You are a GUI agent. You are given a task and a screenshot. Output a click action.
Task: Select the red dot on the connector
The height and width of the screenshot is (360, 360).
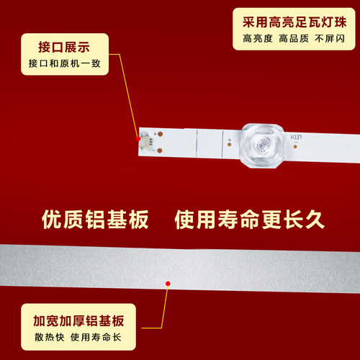pos(137,136)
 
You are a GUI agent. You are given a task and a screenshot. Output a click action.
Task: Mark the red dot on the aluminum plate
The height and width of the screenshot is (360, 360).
pos(168,285)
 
